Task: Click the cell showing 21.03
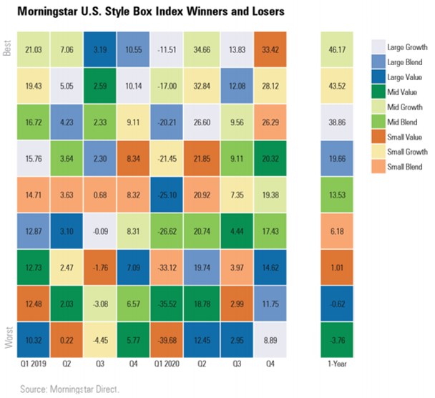31,49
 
